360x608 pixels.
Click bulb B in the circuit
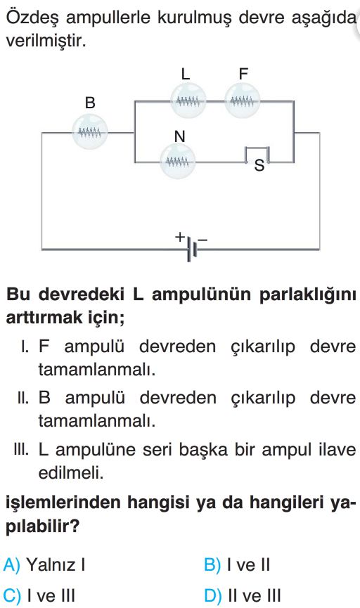coord(90,133)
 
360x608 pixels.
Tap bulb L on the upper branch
coord(188,102)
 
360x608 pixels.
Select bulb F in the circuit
coord(242,102)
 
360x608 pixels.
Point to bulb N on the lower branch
coord(178,161)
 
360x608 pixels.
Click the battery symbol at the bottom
coord(192,249)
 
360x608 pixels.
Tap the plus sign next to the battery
coord(179,236)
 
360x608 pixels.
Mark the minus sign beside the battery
coord(202,240)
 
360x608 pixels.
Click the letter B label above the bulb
coord(90,103)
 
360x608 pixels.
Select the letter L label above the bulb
coord(186,74)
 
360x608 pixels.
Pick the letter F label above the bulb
coord(243,74)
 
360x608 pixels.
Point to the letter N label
coord(179,136)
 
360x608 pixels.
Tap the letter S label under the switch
coord(259,166)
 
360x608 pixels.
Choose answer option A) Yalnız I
coord(44,564)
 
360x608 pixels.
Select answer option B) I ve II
coord(237,564)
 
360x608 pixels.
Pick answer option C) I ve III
coord(39,595)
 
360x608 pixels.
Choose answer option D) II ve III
coord(242,595)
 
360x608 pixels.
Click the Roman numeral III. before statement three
coord(21,450)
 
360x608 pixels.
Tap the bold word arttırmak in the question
coord(44,318)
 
